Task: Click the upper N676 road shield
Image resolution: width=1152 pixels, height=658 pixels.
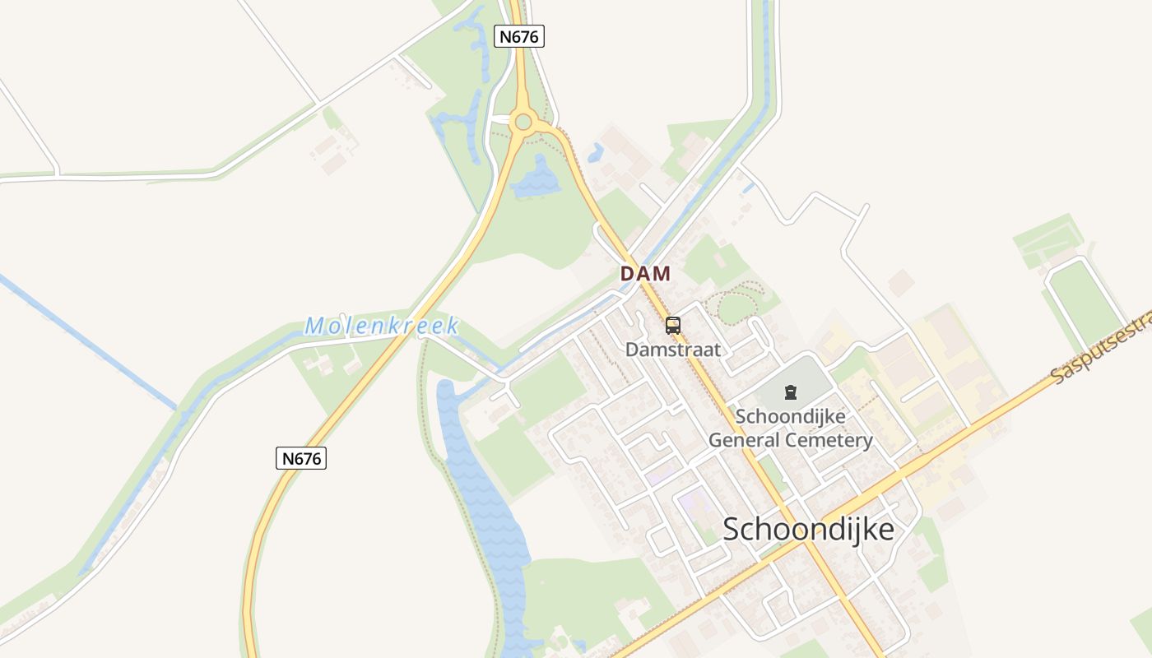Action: (519, 35)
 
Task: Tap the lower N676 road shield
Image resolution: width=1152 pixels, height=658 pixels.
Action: (301, 458)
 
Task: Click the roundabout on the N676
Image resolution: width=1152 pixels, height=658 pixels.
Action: (523, 123)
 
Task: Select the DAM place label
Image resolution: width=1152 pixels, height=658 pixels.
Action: (645, 274)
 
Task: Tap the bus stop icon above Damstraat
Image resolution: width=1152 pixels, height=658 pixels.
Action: (673, 326)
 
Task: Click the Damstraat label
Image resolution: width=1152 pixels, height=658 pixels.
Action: (673, 350)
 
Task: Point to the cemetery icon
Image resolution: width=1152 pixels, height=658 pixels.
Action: (791, 392)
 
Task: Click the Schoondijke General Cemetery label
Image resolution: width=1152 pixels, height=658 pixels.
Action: (791, 429)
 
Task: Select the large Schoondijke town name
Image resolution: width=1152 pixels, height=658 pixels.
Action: (808, 530)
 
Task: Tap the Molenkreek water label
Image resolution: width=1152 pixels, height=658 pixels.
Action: (382, 326)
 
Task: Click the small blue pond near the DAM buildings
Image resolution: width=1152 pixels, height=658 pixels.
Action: (596, 152)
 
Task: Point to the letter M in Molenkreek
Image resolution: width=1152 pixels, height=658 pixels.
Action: (314, 327)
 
